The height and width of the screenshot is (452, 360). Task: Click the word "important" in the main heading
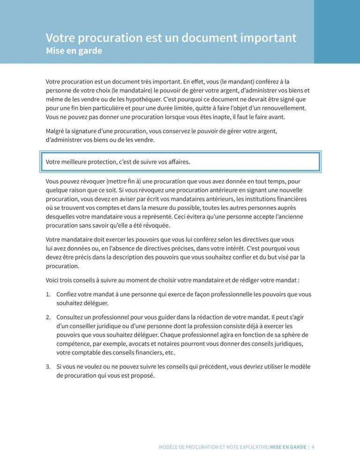[263, 38]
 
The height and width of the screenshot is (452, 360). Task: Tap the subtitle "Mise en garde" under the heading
[74, 51]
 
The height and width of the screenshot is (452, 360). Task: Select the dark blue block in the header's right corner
[337, 31]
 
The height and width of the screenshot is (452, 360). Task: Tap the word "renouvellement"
[281, 108]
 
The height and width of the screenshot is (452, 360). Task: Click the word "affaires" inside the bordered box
[177, 162]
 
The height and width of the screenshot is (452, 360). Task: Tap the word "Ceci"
[182, 217]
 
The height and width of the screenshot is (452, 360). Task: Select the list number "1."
[48, 294]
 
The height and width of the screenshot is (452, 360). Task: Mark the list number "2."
[48, 317]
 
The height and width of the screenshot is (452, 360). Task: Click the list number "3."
[48, 367]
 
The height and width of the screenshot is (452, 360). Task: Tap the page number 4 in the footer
[313, 447]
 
